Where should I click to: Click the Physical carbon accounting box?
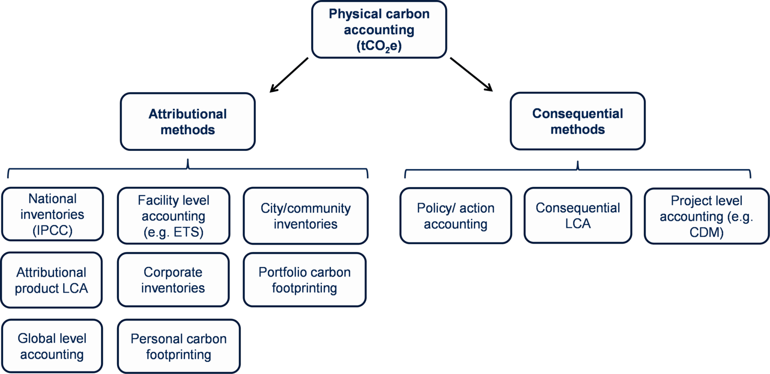coord(379,29)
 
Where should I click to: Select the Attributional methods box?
coord(188,122)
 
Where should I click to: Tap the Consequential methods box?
coord(577,121)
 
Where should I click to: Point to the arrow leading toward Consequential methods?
coord(471,74)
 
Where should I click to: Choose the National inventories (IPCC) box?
coord(52,214)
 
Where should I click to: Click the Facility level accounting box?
coord(173,216)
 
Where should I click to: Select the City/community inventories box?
coord(305,216)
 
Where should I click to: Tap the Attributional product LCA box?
coord(52,280)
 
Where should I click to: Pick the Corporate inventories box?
coord(173,280)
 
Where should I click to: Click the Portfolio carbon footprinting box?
coord(305,280)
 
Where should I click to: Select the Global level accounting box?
coord(52,346)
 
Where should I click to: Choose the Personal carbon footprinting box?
coord(179,347)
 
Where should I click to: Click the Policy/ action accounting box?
coord(456,216)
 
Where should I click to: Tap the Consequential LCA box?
coord(577,215)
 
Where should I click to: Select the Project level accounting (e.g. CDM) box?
coord(706,216)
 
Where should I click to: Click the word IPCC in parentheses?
coord(52,230)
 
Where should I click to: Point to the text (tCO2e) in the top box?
coord(379,46)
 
